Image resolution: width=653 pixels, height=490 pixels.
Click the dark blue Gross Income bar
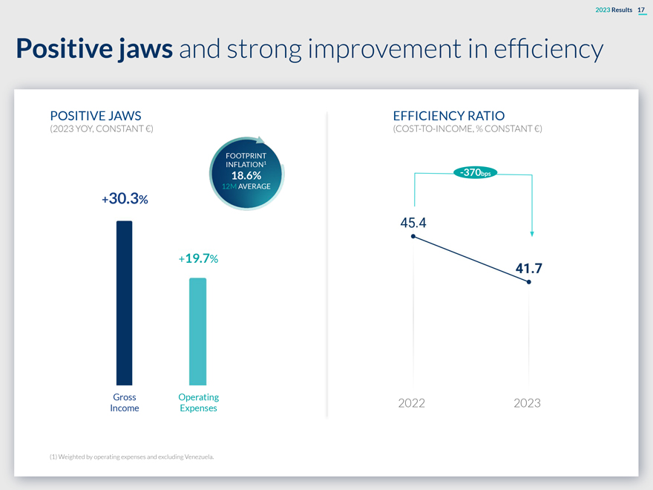124,303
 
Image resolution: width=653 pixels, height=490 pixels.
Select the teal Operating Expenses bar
197,331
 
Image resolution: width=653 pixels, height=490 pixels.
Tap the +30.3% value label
125,199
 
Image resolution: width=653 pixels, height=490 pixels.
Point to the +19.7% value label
197,258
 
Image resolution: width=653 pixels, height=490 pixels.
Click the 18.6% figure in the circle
246,175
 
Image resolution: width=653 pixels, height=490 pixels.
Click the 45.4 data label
413,222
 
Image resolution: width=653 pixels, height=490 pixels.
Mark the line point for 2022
413,237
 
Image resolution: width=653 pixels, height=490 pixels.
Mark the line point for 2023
528,282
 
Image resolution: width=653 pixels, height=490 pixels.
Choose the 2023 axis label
527,403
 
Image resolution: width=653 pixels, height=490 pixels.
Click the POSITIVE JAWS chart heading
95,116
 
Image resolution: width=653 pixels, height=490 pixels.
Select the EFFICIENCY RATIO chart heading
448,116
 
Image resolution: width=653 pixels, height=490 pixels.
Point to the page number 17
642,9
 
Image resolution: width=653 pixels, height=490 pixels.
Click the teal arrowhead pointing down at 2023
532,233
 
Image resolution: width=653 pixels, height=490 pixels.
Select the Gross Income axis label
124,402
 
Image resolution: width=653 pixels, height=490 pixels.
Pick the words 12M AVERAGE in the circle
246,186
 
